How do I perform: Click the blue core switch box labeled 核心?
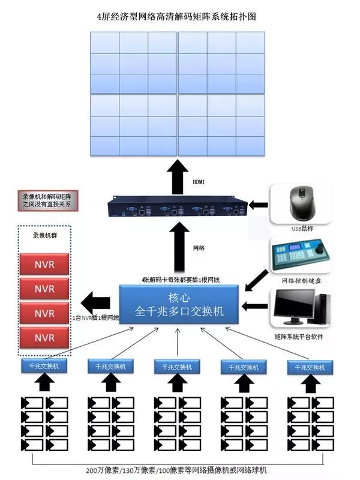[x=179, y=304]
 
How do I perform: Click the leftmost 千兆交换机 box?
[x=43, y=365]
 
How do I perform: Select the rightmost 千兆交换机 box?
[x=310, y=366]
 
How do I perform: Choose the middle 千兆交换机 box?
[x=176, y=366]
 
